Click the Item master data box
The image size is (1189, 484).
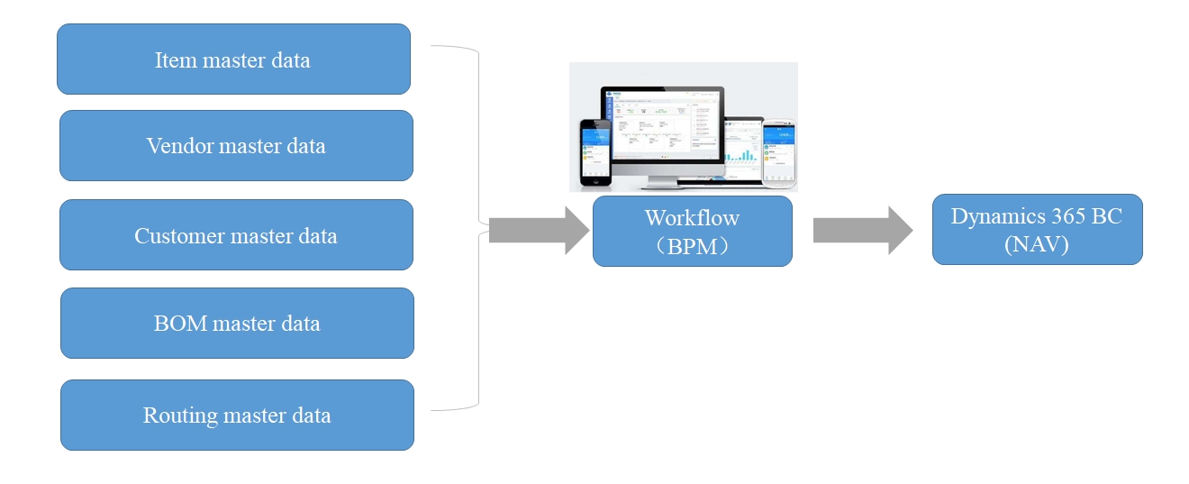click(233, 59)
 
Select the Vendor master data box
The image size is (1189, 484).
click(236, 146)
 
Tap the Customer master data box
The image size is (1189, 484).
click(236, 235)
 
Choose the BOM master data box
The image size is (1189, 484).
click(237, 324)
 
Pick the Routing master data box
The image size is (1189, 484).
click(237, 416)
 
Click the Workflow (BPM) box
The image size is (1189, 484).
click(692, 232)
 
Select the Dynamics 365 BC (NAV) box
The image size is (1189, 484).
click(1037, 230)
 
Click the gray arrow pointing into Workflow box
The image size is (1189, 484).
click(539, 231)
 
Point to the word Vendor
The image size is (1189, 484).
click(177, 146)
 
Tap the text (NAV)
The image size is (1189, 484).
click(1036, 244)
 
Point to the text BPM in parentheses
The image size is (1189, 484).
click(693, 246)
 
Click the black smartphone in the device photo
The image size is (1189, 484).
click(594, 153)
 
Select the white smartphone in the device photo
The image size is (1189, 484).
click(779, 153)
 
